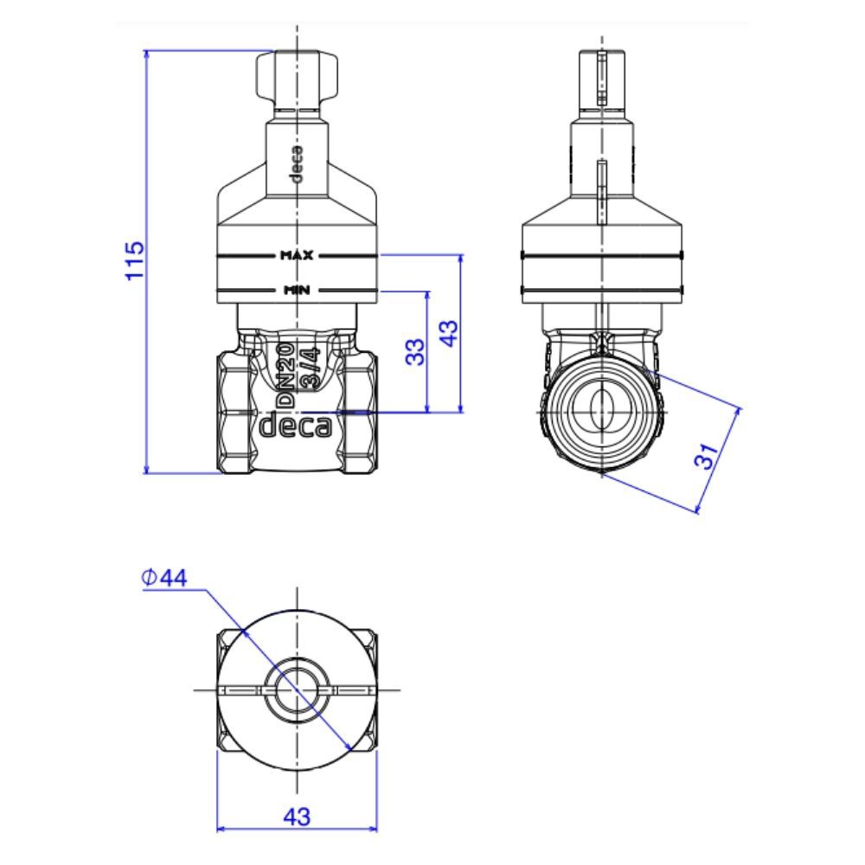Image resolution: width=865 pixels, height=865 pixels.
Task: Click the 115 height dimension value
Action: [135, 261]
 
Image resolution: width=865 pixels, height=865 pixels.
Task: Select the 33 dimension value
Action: [416, 351]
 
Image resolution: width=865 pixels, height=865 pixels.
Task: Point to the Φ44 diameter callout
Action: [164, 578]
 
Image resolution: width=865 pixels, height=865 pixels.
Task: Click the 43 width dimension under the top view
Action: [297, 817]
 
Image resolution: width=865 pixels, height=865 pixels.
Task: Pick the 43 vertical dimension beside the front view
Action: [449, 333]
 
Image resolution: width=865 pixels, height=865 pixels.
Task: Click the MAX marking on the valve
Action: [297, 255]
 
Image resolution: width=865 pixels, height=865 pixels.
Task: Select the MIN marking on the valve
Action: [297, 290]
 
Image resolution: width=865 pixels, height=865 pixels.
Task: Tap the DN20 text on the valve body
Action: [284, 375]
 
